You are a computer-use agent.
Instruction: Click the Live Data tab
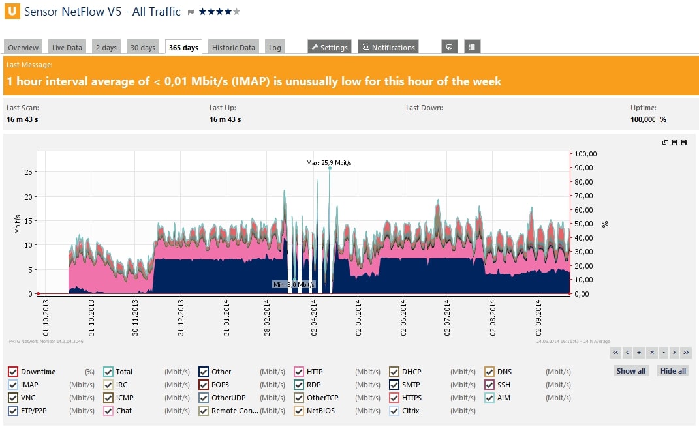point(67,48)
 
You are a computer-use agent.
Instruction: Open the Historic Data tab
point(234,48)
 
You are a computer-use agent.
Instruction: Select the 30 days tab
point(143,48)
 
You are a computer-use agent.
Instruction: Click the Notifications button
point(388,48)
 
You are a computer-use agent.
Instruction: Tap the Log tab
point(275,48)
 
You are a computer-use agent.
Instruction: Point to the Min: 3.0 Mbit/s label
point(294,285)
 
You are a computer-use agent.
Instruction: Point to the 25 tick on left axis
point(28,172)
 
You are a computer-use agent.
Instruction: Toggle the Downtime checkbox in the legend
point(13,372)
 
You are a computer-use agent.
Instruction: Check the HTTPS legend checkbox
point(394,398)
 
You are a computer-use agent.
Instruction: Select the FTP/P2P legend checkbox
point(13,411)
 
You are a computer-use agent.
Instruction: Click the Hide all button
point(673,371)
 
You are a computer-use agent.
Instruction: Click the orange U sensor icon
point(12,11)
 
